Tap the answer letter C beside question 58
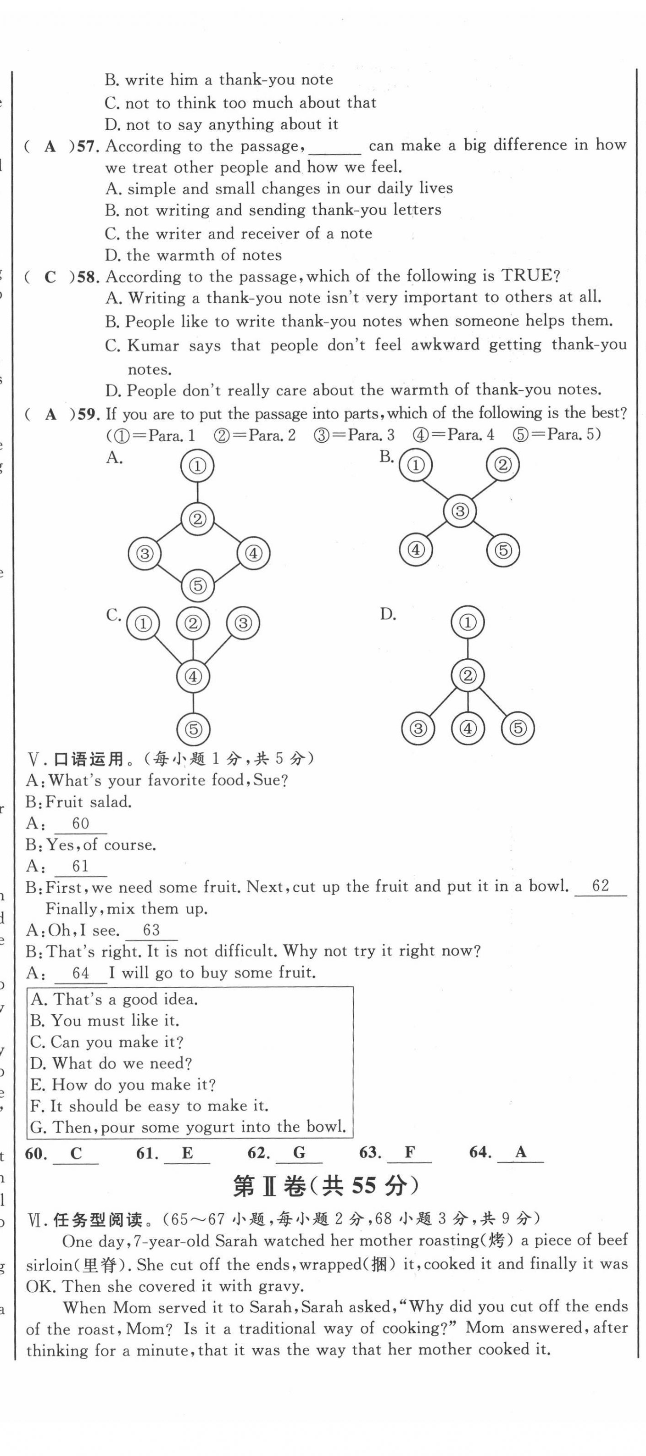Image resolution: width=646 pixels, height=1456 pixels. click(x=50, y=277)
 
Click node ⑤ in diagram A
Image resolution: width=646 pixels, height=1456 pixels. click(x=197, y=585)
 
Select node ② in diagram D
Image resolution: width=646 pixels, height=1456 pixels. click(x=468, y=675)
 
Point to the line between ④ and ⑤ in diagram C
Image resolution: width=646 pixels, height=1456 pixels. click(x=193, y=703)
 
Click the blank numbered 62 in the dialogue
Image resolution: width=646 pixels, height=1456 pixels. click(x=600, y=886)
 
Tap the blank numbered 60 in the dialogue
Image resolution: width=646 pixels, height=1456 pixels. click(x=80, y=823)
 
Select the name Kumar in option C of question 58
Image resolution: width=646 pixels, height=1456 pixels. click(x=153, y=345)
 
